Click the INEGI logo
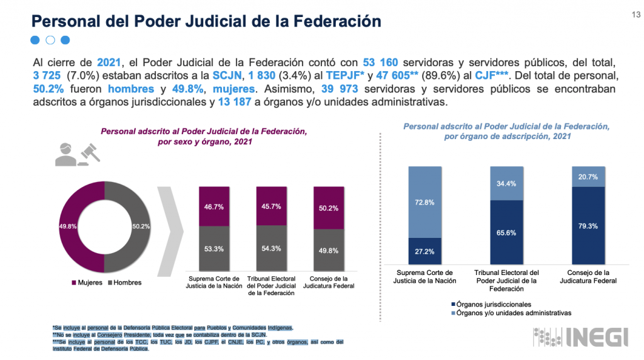[580, 337]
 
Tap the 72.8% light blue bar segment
[425, 202]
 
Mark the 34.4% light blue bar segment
[506, 183]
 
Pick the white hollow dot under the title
[50, 40]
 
